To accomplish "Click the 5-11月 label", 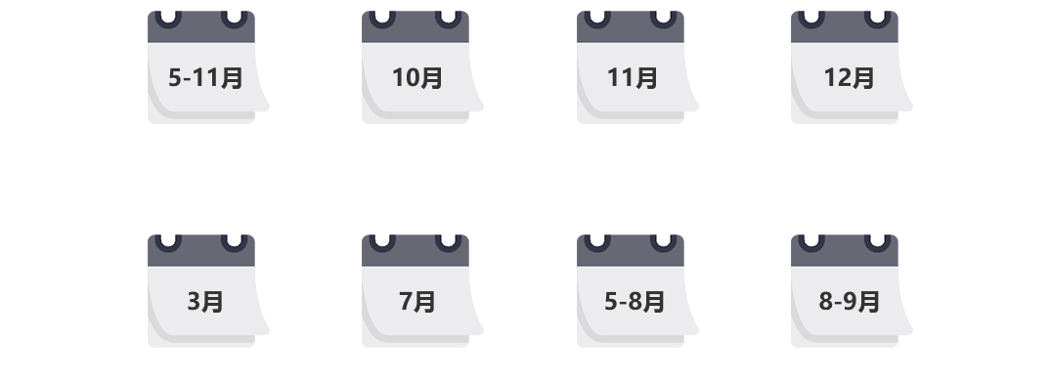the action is coord(205,78).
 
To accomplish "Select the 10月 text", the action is coord(417,78).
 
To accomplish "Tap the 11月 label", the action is coord(633,78).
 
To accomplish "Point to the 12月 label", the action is coord(849,78).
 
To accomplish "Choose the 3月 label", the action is coord(205,301).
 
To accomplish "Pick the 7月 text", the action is coord(417,301).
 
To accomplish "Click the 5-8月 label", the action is coord(634,301).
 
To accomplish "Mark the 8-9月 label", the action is coord(850,301).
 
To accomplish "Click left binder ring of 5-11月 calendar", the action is coord(168,21).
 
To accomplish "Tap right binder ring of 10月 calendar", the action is coord(448,21).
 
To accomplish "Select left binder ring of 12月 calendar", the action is coord(811,21).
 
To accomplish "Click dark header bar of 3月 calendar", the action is coord(200,259).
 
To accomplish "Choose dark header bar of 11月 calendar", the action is coord(631,35).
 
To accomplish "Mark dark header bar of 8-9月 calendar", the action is coord(845,259).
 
